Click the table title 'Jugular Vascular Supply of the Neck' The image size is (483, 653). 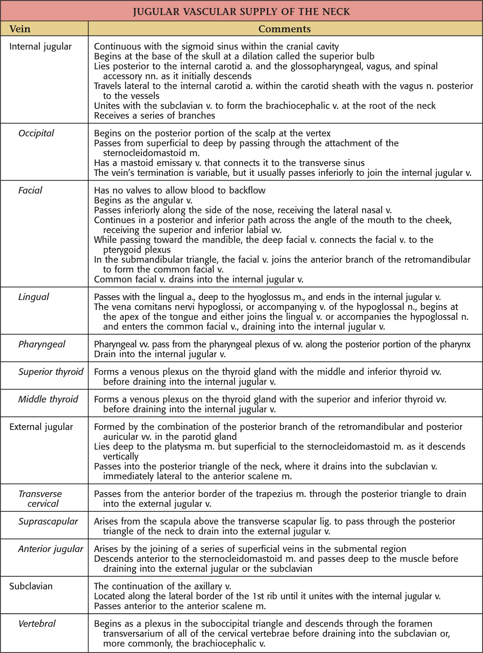point(241,12)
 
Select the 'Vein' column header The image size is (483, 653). point(20,29)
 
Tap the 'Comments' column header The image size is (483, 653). point(284,29)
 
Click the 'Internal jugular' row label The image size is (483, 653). point(40,46)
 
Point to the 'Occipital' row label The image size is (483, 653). point(36,133)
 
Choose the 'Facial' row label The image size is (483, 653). point(30,190)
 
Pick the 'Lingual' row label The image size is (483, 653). point(34,297)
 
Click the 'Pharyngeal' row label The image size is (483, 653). point(42,344)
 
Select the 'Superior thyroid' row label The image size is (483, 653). point(50,372)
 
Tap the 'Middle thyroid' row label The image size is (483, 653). point(48,399)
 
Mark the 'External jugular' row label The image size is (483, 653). point(41,427)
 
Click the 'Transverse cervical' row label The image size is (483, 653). point(40,499)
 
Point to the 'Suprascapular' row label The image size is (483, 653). point(48,521)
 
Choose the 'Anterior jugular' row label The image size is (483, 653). point(50,549)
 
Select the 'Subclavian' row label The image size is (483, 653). point(31,586)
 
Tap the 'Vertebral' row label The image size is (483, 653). point(37,624)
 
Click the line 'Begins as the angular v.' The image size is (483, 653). point(143,200)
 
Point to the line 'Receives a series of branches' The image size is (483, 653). point(154,115)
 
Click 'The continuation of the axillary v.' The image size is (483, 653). point(163,586)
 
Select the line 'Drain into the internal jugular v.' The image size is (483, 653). point(160,354)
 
